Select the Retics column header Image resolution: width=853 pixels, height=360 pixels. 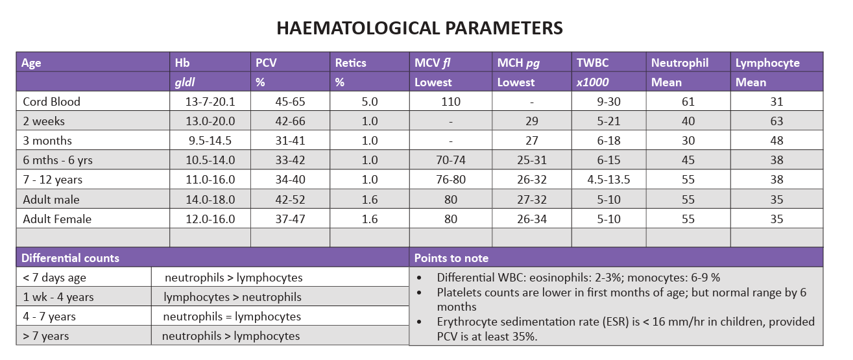tap(350, 63)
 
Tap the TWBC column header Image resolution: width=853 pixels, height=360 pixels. tap(592, 63)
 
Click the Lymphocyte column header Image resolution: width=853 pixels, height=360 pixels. tap(767, 63)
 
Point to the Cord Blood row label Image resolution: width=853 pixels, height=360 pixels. tap(51, 102)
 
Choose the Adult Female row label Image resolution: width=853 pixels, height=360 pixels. tap(57, 219)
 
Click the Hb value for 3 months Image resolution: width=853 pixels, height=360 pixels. tap(210, 141)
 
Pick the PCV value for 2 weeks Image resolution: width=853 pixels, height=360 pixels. tap(290, 121)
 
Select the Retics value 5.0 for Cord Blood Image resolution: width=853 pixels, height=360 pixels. tap(370, 102)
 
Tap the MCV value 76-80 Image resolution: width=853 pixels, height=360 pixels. tap(451, 180)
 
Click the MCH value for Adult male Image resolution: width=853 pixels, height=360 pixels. tap(532, 200)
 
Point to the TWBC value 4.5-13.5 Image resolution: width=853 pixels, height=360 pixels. tap(608, 180)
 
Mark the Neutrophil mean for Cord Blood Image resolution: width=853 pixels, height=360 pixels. tap(688, 102)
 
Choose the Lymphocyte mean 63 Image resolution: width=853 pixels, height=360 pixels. tap(777, 121)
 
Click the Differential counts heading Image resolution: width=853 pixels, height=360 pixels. tap(71, 258)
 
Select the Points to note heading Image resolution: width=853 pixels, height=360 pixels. tap(451, 258)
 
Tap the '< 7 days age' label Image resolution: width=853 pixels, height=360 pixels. tap(54, 278)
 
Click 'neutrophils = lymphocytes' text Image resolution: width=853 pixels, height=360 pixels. tap(232, 317)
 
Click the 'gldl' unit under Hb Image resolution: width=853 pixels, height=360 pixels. tap(185, 82)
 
